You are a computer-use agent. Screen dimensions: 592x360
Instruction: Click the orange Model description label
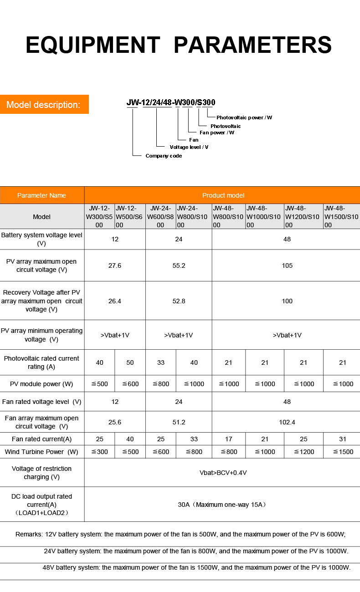[44, 105]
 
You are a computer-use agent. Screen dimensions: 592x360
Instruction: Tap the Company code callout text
[163, 156]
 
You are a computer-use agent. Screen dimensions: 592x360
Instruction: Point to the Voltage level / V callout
[189, 147]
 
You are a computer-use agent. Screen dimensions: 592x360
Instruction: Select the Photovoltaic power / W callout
[244, 117]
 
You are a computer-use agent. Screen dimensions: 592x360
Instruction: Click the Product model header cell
[223, 195]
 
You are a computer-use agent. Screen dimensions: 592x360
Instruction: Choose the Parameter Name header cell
[41, 195]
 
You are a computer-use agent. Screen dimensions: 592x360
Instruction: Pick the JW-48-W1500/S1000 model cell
[341, 216]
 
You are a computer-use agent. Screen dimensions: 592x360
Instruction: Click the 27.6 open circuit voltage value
[115, 265]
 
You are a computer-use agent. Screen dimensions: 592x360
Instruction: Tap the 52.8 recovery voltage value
[179, 301]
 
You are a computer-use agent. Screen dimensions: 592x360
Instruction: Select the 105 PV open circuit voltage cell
[287, 265]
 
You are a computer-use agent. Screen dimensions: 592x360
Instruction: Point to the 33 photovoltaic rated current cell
[160, 362]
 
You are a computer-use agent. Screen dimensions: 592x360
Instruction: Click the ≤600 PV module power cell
[130, 384]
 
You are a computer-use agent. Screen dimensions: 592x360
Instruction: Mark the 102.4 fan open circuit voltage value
[287, 422]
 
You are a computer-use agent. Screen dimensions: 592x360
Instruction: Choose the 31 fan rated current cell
[343, 439]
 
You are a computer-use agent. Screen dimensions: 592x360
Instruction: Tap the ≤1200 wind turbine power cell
[303, 452]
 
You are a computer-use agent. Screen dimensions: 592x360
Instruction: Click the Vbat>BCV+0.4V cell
[223, 473]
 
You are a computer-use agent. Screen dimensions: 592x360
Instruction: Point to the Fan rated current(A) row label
[41, 439]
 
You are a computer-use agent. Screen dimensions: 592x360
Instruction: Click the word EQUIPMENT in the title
[93, 45]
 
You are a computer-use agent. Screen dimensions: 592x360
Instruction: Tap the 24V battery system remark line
[196, 551]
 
